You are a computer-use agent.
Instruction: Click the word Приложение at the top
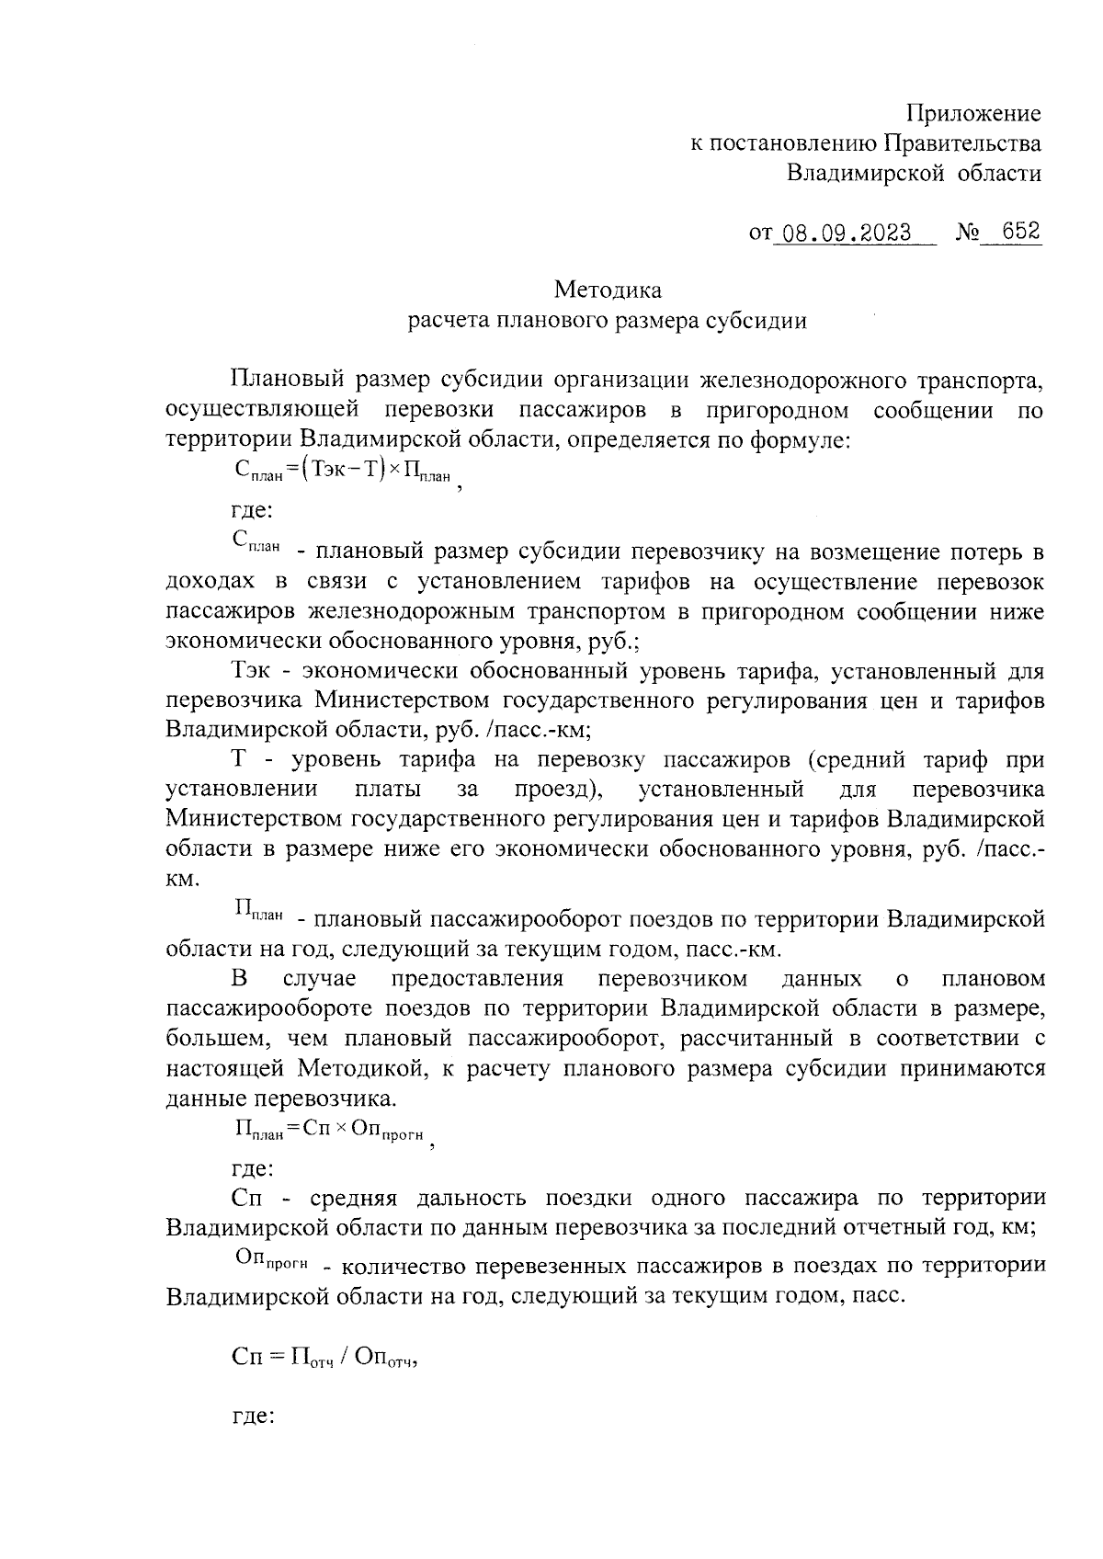(x=973, y=114)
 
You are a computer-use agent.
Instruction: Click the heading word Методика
(x=608, y=290)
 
